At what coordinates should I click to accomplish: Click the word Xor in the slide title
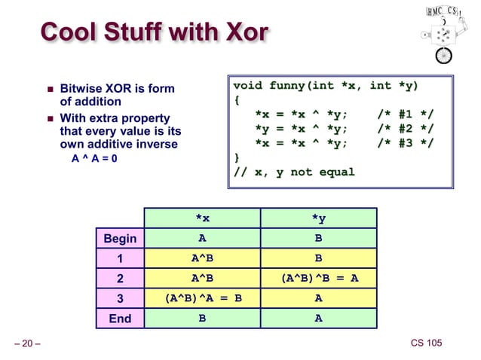pos(242,34)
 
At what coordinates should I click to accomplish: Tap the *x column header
pos(202,218)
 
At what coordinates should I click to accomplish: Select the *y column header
pos(318,218)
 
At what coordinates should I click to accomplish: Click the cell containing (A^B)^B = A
pos(318,279)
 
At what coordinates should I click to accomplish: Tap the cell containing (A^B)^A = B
pos(202,298)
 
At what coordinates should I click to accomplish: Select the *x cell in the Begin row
pos(202,239)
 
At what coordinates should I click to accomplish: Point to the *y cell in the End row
pos(318,319)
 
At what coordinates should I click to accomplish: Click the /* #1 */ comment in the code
pos(404,114)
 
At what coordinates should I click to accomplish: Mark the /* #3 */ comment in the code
pos(404,143)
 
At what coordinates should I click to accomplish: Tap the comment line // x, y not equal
pos(294,172)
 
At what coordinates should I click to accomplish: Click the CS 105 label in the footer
pos(426,344)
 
